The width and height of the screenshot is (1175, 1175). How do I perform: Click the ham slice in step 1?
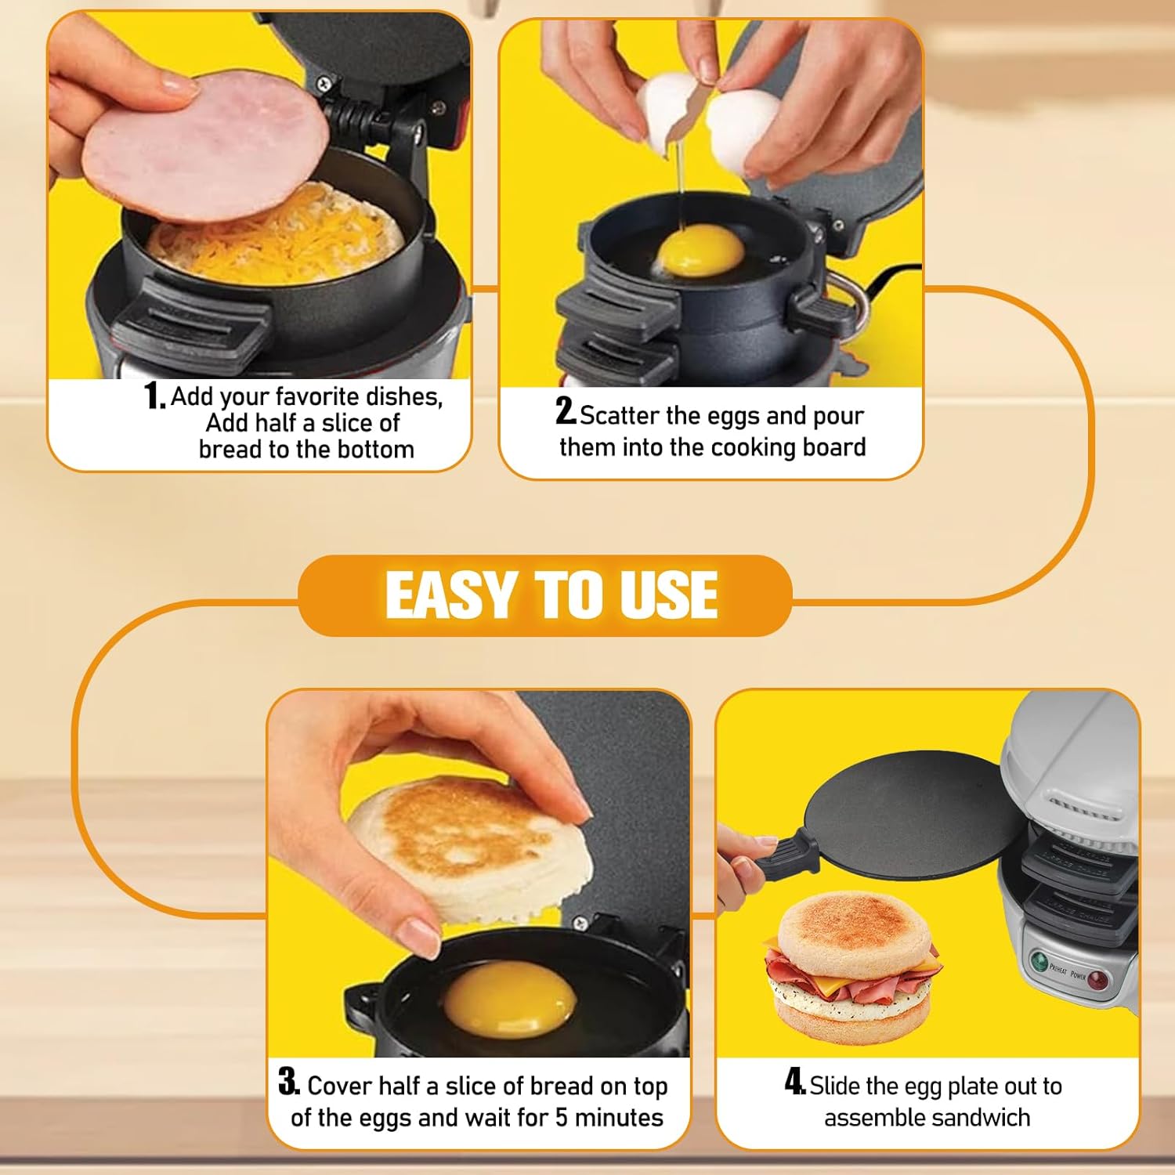[205, 148]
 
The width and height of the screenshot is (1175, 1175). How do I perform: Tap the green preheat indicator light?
[1039, 961]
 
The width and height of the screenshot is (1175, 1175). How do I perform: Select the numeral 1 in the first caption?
[153, 396]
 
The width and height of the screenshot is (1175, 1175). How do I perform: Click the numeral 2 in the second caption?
[565, 411]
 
